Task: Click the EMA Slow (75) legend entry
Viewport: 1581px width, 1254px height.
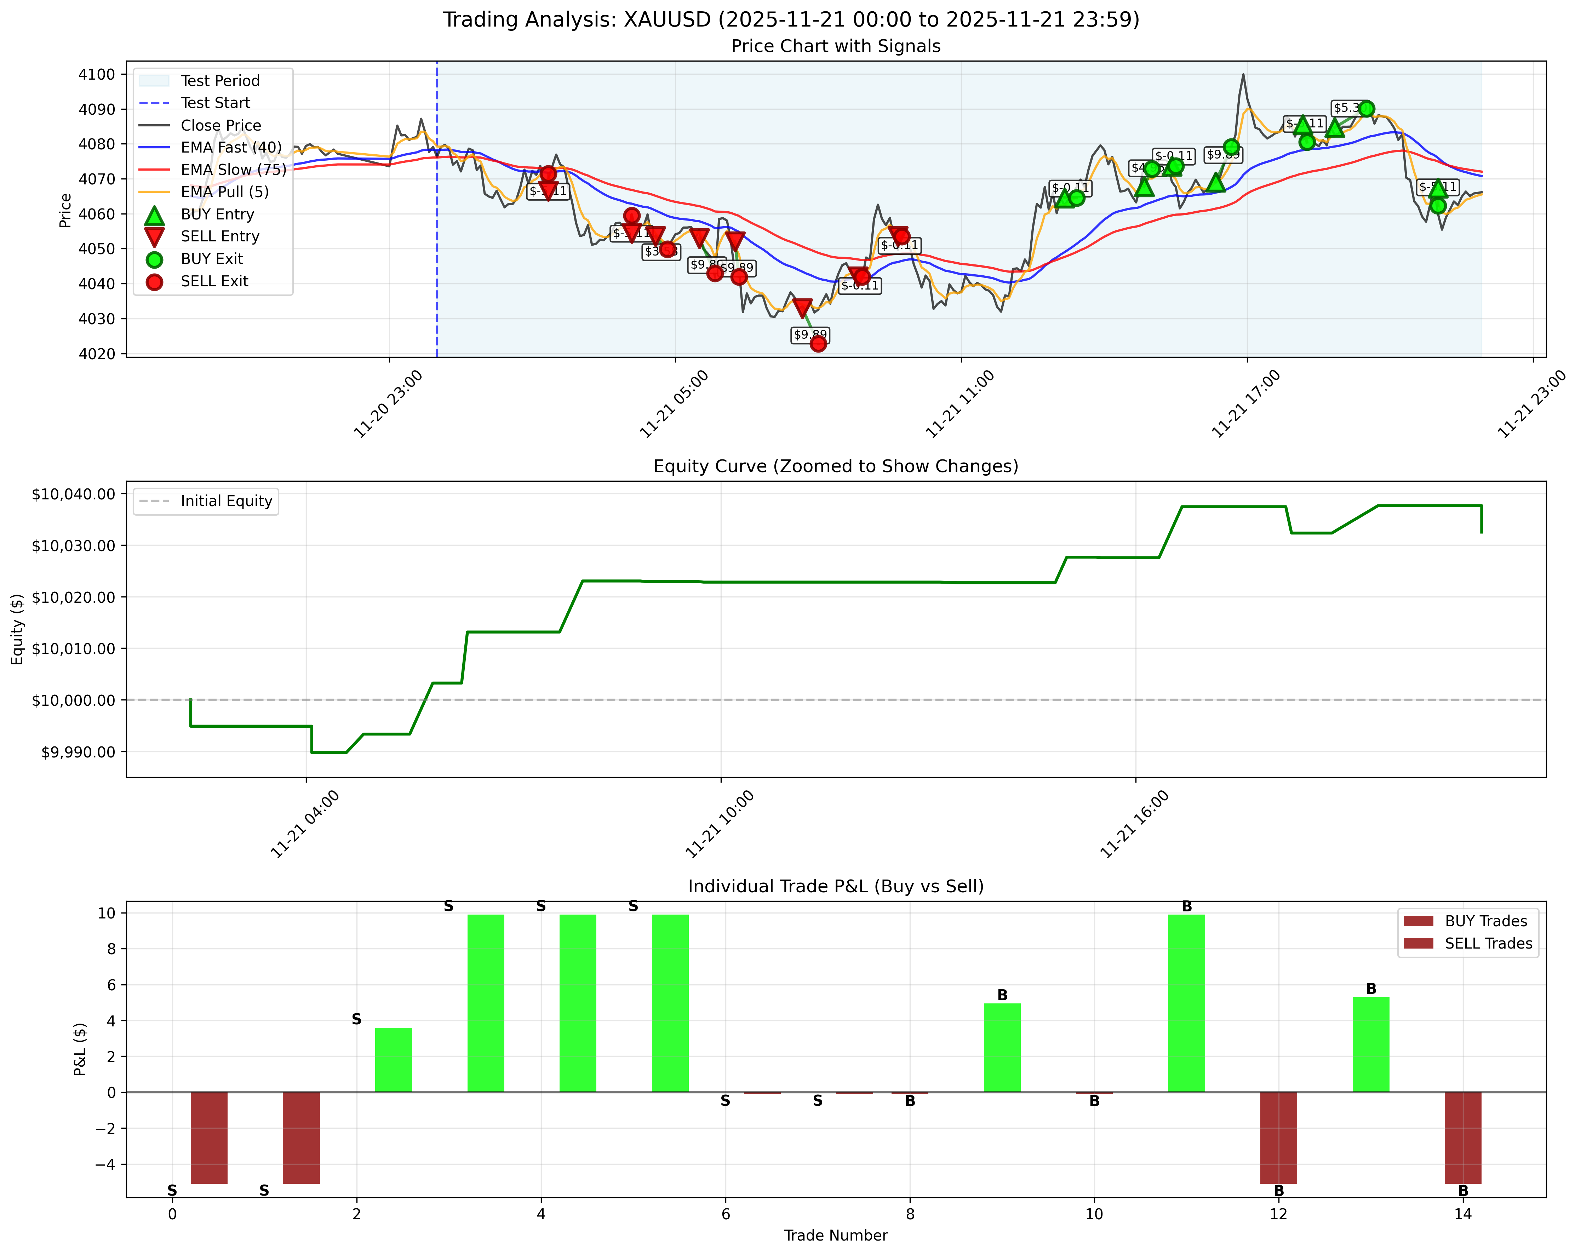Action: [233, 170]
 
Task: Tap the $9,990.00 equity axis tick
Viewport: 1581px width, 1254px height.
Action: [78, 752]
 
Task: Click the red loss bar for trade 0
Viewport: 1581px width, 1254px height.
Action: [209, 1138]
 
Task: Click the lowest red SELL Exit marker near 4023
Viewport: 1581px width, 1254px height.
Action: [818, 343]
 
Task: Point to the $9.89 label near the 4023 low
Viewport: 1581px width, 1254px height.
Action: [810, 334]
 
